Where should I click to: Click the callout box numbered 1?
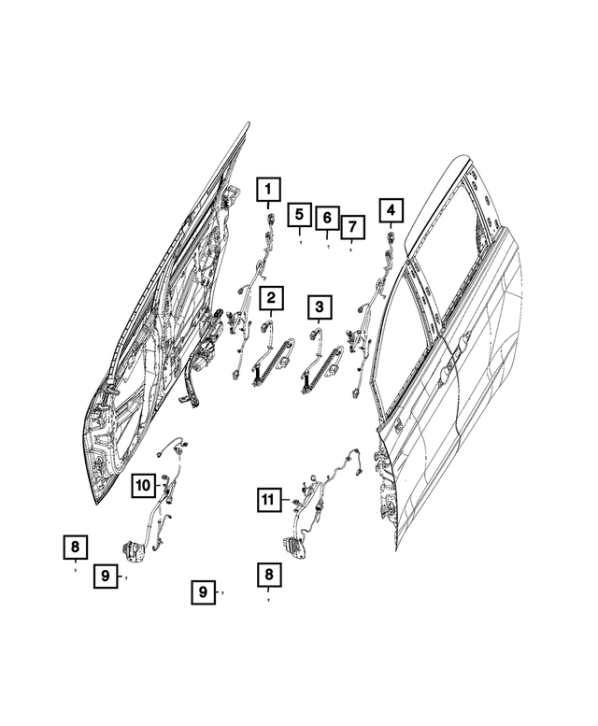point(268,192)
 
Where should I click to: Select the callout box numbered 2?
point(271,299)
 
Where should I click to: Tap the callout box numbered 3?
point(319,306)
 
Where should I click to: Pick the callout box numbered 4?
point(391,211)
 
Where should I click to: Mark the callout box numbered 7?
point(351,227)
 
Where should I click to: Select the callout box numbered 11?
point(268,500)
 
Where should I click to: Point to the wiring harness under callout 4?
point(371,318)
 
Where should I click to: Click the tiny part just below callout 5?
point(300,242)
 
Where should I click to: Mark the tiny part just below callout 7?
point(351,249)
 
